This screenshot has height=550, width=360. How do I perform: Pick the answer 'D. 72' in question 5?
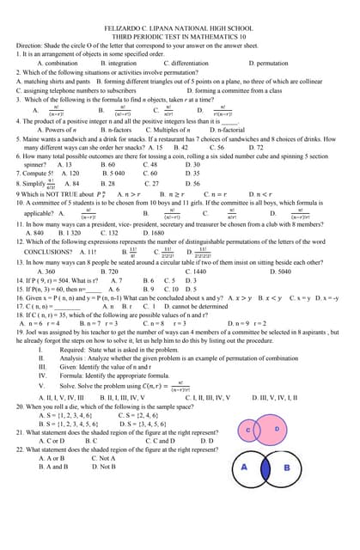pos(256,148)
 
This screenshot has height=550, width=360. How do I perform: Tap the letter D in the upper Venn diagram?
pos(277,428)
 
